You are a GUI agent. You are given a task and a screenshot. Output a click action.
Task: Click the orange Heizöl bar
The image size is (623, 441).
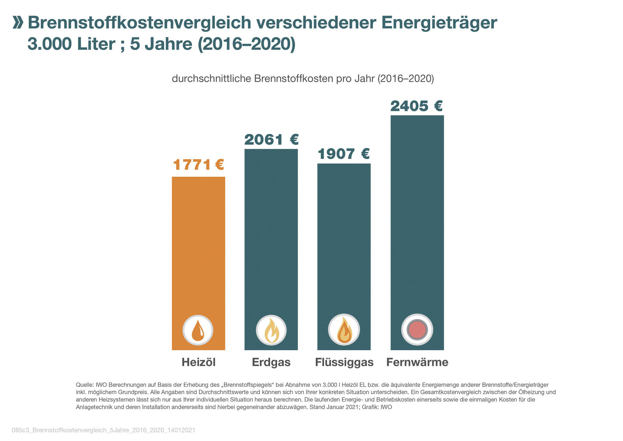(198, 249)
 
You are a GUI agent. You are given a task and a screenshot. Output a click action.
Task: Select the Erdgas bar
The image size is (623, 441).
(271, 234)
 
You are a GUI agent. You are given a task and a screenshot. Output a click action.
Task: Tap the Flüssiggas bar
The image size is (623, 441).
(344, 242)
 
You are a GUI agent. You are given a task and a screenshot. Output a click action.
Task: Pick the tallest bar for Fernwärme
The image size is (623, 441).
(417, 218)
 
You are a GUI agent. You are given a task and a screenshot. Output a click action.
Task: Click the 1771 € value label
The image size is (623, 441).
(198, 165)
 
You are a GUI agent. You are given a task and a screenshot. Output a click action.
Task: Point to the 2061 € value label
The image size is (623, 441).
(271, 139)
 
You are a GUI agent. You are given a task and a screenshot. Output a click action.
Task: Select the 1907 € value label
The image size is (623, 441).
(343, 154)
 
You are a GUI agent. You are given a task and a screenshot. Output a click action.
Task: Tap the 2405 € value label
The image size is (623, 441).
(417, 106)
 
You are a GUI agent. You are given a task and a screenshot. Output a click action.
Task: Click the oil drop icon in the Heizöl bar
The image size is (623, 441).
(198, 330)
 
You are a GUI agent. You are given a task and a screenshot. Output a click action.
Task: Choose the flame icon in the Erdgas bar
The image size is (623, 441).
(271, 330)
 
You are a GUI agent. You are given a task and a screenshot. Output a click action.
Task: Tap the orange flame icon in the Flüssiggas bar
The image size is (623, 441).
(344, 330)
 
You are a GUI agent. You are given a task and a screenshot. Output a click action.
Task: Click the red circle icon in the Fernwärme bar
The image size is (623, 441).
(417, 330)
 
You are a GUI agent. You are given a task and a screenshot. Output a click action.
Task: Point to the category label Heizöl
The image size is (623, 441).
(198, 362)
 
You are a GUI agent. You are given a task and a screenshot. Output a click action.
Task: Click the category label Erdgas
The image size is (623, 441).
(271, 362)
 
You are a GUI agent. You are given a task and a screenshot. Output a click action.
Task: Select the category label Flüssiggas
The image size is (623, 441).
(344, 362)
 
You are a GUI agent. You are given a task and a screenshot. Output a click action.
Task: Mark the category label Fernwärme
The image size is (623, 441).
(417, 362)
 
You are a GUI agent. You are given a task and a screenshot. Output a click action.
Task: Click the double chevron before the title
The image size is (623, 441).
(18, 23)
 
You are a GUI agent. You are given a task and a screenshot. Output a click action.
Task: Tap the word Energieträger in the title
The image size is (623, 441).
(439, 23)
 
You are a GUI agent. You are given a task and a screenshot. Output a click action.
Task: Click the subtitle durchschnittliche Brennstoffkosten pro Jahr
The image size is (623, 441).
(303, 79)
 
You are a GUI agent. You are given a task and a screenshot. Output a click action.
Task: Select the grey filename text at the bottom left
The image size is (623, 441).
(104, 430)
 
